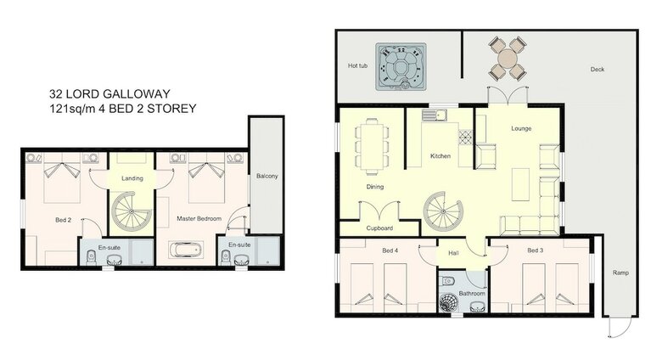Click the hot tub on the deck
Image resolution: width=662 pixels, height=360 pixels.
click(x=401, y=66)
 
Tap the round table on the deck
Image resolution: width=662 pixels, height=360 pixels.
click(x=507, y=59)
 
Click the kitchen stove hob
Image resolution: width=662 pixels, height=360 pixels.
click(x=465, y=138)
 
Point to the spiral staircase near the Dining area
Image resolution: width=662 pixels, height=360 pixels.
click(x=443, y=211)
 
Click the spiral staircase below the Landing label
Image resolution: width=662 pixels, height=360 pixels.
click(x=132, y=211)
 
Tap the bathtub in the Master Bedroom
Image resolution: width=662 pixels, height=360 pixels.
click(x=185, y=250)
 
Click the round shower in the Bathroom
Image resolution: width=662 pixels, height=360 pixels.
click(x=449, y=304)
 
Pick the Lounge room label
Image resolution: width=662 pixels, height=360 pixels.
click(x=521, y=128)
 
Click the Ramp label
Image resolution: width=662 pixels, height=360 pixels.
click(x=620, y=273)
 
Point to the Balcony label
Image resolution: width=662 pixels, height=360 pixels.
click(x=266, y=177)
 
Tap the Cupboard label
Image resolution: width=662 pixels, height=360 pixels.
click(x=379, y=228)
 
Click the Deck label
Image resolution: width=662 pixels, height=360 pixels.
click(x=597, y=70)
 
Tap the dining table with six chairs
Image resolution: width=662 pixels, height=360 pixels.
click(x=372, y=146)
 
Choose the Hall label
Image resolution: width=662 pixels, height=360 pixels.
click(x=453, y=253)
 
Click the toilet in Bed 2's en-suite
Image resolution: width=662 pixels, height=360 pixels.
click(x=91, y=256)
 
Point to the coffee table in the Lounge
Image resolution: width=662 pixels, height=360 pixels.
click(x=520, y=184)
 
